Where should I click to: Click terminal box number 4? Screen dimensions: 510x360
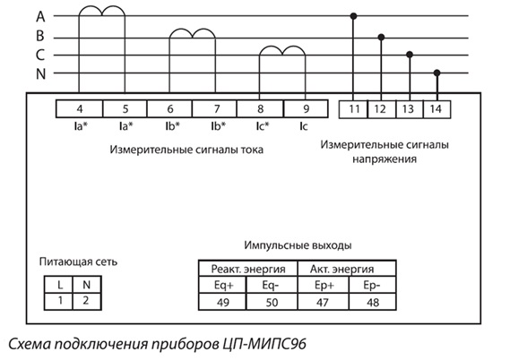(x=80, y=109)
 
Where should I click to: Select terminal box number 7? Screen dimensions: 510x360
(x=215, y=109)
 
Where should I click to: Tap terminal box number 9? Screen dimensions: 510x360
(x=306, y=109)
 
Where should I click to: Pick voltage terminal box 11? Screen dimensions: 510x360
(x=353, y=109)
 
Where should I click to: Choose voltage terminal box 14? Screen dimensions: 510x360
(x=437, y=109)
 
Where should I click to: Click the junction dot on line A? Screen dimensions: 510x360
(x=353, y=16)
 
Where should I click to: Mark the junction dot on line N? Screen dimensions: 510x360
(x=437, y=73)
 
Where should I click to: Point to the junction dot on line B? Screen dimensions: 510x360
(x=381, y=38)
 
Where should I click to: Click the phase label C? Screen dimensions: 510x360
(x=40, y=55)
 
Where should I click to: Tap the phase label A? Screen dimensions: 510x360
(x=40, y=16)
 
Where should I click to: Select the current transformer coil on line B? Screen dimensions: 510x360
(x=192, y=33)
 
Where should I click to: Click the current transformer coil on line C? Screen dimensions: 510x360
(x=282, y=51)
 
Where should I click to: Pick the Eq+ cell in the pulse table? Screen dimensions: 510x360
(x=223, y=286)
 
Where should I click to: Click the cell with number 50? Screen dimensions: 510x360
(x=272, y=302)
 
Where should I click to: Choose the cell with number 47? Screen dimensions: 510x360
(x=323, y=302)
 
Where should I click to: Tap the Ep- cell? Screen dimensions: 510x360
(x=373, y=286)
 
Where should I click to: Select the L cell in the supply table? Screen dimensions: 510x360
(x=58, y=285)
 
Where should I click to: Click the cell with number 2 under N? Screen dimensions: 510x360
(x=87, y=301)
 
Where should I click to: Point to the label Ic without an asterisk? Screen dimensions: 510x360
(x=303, y=126)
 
